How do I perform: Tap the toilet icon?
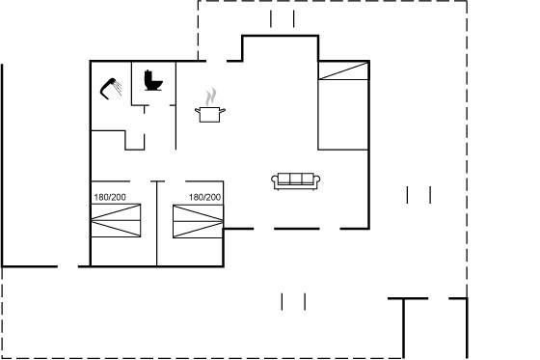pos(152,81)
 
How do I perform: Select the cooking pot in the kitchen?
pos(210,114)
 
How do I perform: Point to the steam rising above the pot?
pos(211,97)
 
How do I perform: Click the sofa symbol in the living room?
pos(296,181)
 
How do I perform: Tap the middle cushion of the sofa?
pos(296,179)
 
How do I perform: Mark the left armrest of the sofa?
pos(275,181)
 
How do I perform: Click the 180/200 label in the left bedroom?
pos(110,197)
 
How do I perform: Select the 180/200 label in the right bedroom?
pos(204,197)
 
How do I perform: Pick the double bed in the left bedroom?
pos(116,220)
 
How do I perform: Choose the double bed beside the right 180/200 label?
pos(198,221)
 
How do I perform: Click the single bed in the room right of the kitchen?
pos(343,105)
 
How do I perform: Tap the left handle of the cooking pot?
pos(198,111)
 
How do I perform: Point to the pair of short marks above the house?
pos(283,19)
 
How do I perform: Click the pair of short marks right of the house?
pos(418,195)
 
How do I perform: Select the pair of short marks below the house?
pos(293,302)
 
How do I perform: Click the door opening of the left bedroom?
pos(141,181)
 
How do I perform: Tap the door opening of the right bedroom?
pos(175,181)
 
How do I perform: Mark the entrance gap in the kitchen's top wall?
pos(217,61)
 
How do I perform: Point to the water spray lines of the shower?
pos(118,88)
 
